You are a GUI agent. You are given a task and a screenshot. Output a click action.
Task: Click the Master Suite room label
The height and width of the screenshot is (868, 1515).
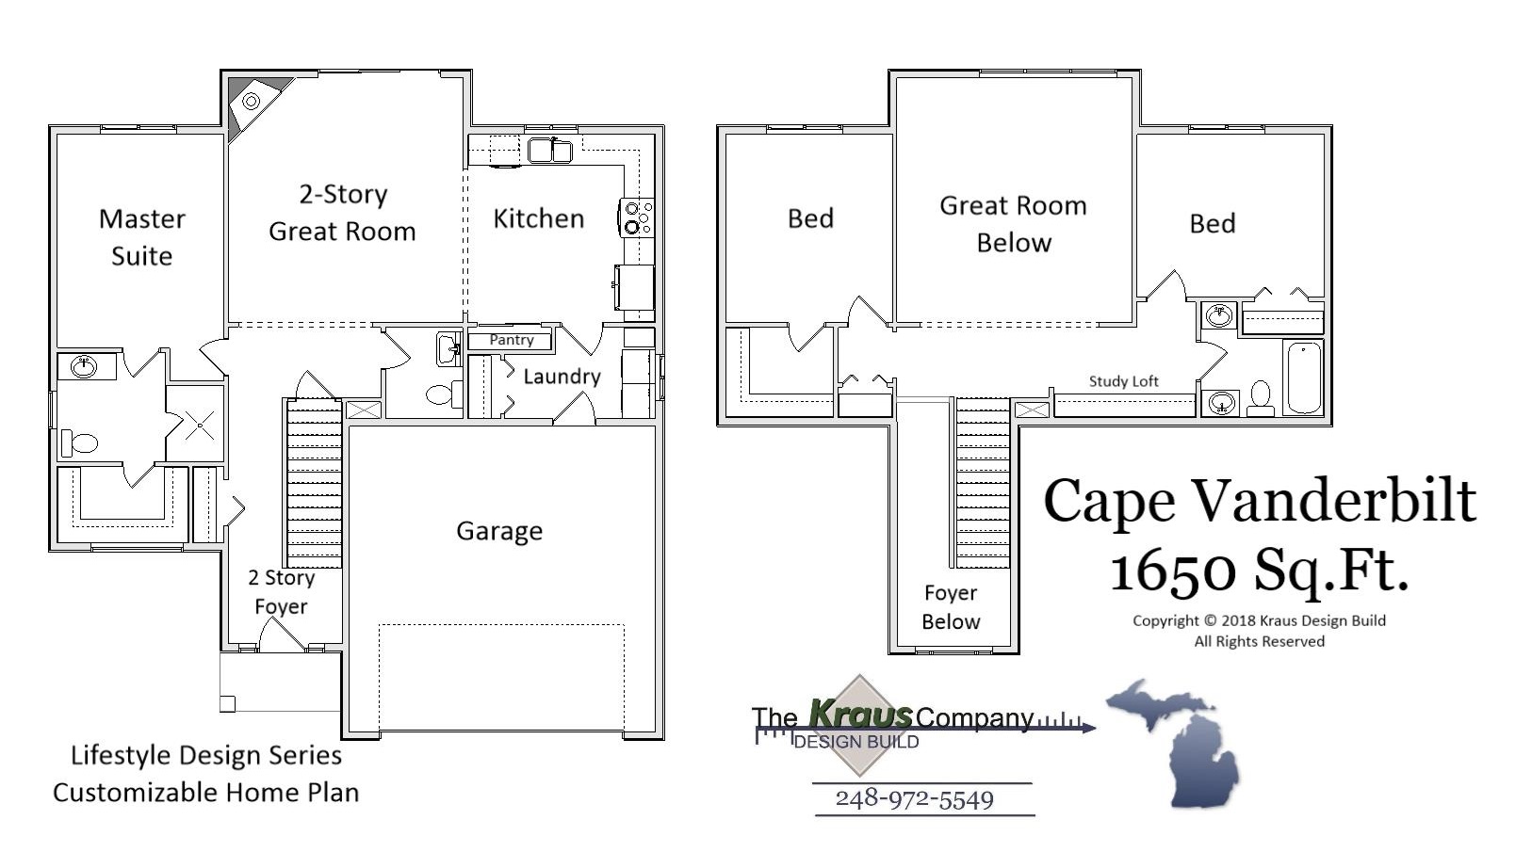pyautogui.click(x=141, y=237)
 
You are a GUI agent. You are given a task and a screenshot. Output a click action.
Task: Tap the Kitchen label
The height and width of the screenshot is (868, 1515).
pyautogui.click(x=538, y=218)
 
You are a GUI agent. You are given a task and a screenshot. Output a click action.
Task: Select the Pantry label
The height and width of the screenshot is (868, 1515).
pyautogui.click(x=512, y=340)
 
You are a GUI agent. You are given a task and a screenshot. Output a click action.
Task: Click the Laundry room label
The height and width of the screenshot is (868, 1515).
pyautogui.click(x=562, y=377)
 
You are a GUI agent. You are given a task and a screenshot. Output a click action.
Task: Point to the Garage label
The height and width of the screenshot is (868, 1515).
pyautogui.click(x=499, y=531)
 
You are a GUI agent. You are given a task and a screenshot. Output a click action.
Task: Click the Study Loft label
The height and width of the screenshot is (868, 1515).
pyautogui.click(x=1123, y=381)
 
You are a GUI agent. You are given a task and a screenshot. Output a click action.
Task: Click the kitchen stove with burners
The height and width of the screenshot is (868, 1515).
pyautogui.click(x=636, y=217)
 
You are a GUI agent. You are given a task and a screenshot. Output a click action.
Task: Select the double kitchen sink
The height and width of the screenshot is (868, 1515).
pyautogui.click(x=550, y=151)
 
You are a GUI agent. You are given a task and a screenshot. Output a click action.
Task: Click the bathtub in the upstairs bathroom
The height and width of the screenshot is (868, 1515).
pyautogui.click(x=1304, y=377)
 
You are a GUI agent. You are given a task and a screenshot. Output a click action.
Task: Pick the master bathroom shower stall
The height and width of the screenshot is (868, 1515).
pyautogui.click(x=199, y=425)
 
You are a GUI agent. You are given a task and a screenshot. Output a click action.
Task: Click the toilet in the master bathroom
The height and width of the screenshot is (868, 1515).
pyautogui.click(x=81, y=442)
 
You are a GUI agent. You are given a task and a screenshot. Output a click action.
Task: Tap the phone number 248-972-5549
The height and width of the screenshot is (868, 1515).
pyautogui.click(x=914, y=799)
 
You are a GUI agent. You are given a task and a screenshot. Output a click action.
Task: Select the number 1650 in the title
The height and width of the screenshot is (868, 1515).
pyautogui.click(x=1171, y=570)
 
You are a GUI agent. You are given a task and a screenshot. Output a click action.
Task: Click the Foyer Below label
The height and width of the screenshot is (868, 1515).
pyautogui.click(x=951, y=607)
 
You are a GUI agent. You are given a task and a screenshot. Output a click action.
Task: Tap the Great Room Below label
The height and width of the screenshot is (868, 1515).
pyautogui.click(x=1013, y=224)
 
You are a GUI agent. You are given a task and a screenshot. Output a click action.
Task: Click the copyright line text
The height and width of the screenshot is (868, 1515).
pyautogui.click(x=1259, y=620)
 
